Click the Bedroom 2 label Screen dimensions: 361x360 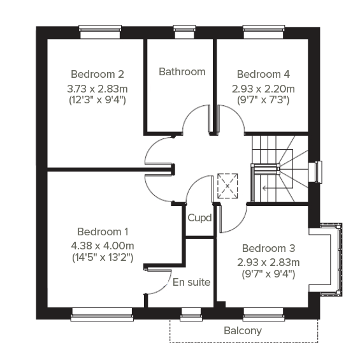point(97,73)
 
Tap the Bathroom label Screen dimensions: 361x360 point(182,71)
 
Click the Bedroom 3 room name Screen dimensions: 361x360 point(268,248)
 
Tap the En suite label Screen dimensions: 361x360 point(191,281)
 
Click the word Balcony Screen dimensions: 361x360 point(243,330)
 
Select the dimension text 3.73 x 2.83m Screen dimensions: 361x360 point(97,87)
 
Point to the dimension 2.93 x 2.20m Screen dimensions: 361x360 point(263,87)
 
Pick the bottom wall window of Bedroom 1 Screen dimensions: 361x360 point(102,312)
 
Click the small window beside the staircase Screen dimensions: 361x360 point(316,172)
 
